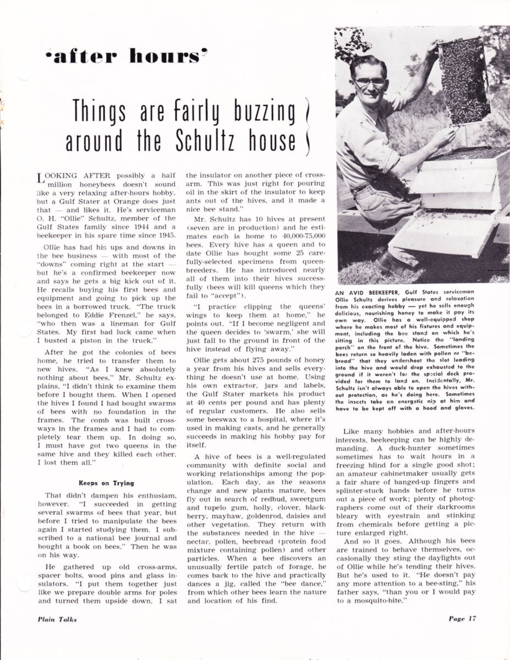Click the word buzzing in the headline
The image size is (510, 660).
256,112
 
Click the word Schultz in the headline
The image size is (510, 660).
210,141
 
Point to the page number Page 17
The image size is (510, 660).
462,618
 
